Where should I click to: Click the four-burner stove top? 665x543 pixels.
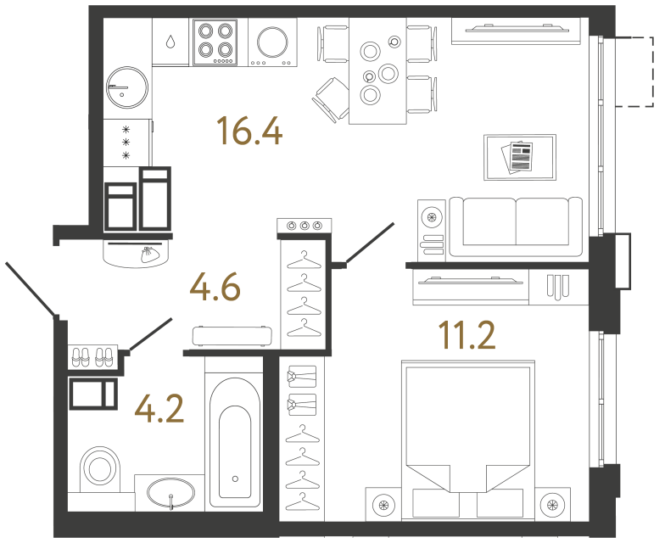(x=214, y=42)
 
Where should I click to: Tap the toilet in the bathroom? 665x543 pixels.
(x=101, y=469)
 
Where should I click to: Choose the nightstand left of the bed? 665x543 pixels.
(x=383, y=506)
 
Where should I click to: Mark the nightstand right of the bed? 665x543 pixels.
(x=556, y=506)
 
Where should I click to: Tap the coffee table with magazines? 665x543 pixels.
(x=519, y=157)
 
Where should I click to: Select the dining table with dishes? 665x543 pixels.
(x=377, y=71)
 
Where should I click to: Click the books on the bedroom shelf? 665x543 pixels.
(x=556, y=287)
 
